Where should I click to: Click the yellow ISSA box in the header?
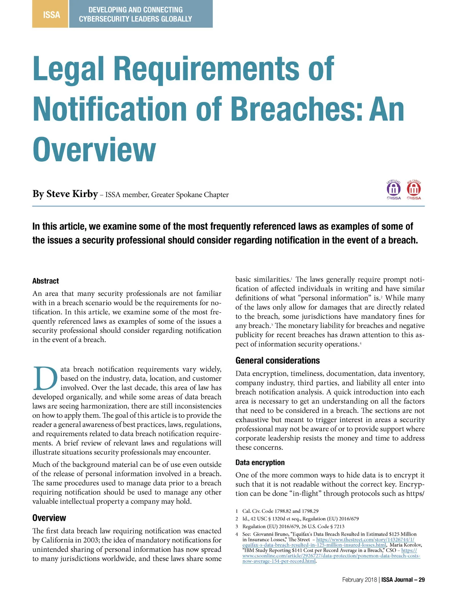pyautogui.click(x=51, y=14)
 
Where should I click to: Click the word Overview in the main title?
pyautogui.click(x=94, y=150)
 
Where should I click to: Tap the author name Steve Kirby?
pyautogui.click(x=72, y=194)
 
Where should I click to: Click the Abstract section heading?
pyautogui.click(x=46, y=281)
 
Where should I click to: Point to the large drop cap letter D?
pyautogui.click(x=45, y=379)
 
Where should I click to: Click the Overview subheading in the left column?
pyautogui.click(x=49, y=518)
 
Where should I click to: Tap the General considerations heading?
pyautogui.click(x=278, y=360)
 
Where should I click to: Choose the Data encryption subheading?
pyautogui.click(x=260, y=463)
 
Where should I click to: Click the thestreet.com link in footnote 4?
pyautogui.click(x=365, y=539)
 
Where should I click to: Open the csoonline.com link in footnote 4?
pyautogui.click(x=331, y=556)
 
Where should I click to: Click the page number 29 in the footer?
pyautogui.click(x=422, y=580)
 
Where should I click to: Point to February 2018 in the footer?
pyautogui.click(x=359, y=580)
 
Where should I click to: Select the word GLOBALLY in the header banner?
pyautogui.click(x=176, y=19)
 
